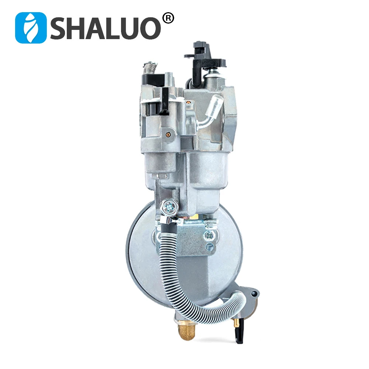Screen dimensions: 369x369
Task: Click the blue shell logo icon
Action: point(31,28)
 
